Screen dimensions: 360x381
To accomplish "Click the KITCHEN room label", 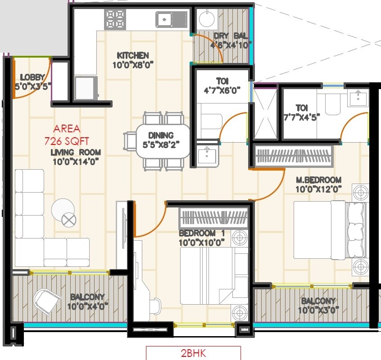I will (x=132, y=56).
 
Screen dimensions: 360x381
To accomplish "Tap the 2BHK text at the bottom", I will (x=193, y=353).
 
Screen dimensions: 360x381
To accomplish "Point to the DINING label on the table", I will (x=161, y=135).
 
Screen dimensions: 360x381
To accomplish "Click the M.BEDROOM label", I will (x=318, y=180).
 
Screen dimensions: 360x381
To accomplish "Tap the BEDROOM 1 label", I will (x=201, y=234).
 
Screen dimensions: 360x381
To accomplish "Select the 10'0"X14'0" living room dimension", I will (x=75, y=161).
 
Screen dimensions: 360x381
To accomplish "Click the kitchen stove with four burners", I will (x=115, y=19).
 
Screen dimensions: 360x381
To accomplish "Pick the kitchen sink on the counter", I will (x=171, y=19).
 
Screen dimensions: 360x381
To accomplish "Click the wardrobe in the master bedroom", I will (x=293, y=156).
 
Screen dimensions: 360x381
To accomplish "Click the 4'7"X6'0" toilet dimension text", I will (x=222, y=90).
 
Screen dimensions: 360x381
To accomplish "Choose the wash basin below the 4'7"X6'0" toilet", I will (x=207, y=155).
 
